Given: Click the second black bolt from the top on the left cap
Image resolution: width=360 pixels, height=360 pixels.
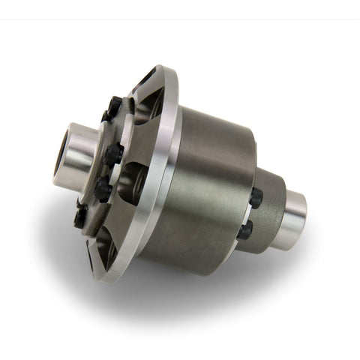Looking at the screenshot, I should tap(113, 154).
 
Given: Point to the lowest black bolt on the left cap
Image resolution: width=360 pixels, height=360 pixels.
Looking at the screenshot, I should tap(80, 217).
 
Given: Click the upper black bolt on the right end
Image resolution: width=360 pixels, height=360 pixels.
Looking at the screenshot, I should tap(256, 198).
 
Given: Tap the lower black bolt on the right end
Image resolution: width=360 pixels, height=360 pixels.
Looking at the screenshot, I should tap(245, 231).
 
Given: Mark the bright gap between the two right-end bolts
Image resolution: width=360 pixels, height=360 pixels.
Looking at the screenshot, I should tap(252, 215).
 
